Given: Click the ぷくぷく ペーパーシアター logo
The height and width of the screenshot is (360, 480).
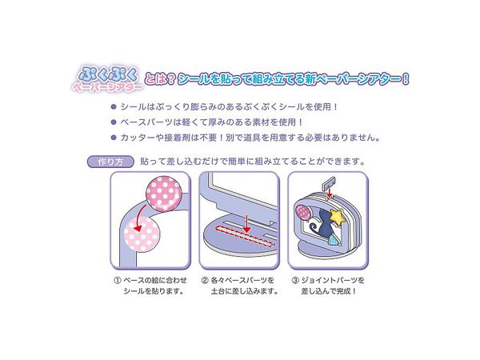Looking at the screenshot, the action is pyautogui.click(x=108, y=78).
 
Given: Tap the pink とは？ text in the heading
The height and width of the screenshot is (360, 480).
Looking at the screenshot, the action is pyautogui.click(x=160, y=79).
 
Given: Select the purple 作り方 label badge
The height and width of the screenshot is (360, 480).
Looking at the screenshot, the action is pyautogui.click(x=110, y=162).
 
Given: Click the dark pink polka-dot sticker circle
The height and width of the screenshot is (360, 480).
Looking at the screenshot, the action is pyautogui.click(x=164, y=194).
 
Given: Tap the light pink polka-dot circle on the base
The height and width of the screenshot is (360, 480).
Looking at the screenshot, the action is pyautogui.click(x=142, y=234).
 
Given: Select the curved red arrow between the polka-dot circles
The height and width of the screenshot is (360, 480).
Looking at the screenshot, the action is pyautogui.click(x=142, y=216).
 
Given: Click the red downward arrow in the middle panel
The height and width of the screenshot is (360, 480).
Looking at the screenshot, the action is pyautogui.click(x=246, y=223).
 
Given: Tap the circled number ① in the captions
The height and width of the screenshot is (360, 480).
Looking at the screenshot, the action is pyautogui.click(x=118, y=281).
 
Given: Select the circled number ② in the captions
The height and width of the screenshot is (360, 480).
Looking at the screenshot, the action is pyautogui.click(x=205, y=281).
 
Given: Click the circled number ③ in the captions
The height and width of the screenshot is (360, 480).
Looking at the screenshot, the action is pyautogui.click(x=294, y=281).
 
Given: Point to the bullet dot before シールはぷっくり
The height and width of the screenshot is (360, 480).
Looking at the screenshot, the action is pyautogui.click(x=114, y=107).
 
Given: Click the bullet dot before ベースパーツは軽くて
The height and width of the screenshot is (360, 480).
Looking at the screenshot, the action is pyautogui.click(x=114, y=122).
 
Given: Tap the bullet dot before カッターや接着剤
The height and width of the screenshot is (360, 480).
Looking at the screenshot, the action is pyautogui.click(x=114, y=138).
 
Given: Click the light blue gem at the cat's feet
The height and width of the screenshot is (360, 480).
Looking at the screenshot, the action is pyautogui.click(x=333, y=242).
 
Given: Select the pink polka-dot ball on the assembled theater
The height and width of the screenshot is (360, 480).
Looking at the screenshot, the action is pyautogui.click(x=302, y=212).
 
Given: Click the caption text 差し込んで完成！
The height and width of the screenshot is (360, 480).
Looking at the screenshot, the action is pyautogui.click(x=329, y=291).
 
